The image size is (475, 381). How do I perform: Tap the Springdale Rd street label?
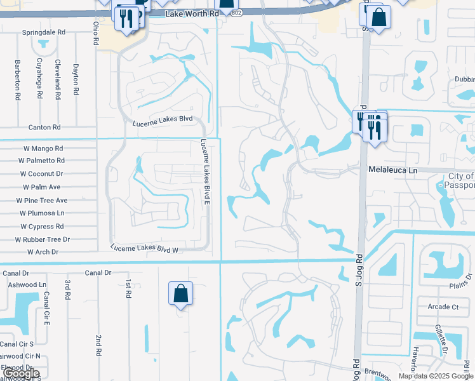pyautogui.click(x=44, y=32)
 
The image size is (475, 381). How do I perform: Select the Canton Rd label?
pyautogui.click(x=44, y=127)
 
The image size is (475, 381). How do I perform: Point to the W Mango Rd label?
pyautogui.click(x=41, y=149)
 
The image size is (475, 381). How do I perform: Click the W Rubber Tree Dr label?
pyautogui.click(x=43, y=239)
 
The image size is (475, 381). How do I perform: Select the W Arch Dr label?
pyautogui.click(x=43, y=252)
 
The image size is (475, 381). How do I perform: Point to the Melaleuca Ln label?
pyautogui.click(x=393, y=171)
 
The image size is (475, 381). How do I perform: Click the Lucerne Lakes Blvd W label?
pyautogui.click(x=145, y=250)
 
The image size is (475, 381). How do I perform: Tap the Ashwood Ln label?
pyautogui.click(x=27, y=285)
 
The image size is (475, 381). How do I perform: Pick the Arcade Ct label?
pyautogui.click(x=443, y=307)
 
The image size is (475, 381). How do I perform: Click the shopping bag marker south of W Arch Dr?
pyautogui.click(x=180, y=293)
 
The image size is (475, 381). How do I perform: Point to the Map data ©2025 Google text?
pyautogui.click(x=435, y=376)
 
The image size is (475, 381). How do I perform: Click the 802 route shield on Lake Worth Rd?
pyautogui.click(x=236, y=14)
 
